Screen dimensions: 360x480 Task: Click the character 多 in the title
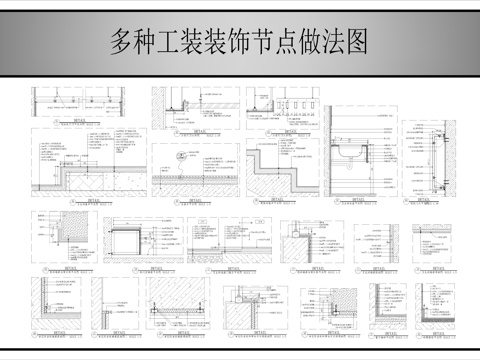point(122,42)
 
